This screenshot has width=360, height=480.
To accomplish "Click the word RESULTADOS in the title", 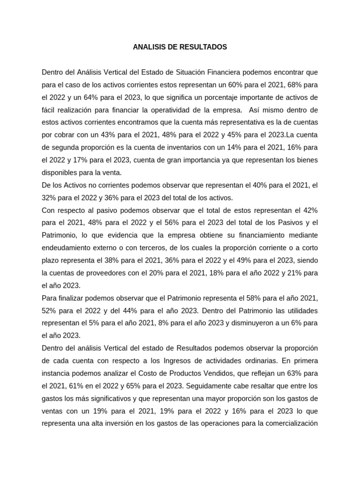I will click(x=204, y=47).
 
